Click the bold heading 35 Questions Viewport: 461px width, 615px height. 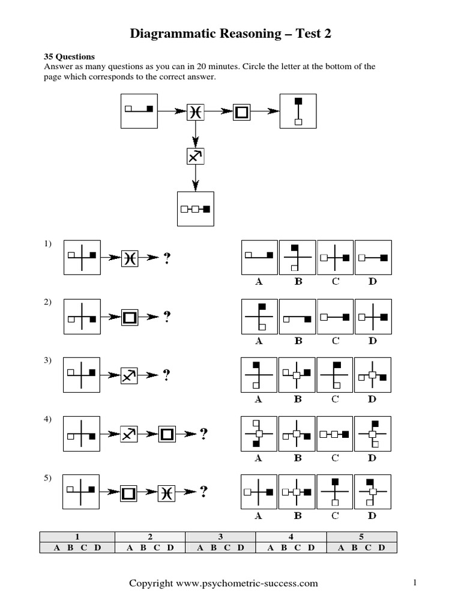click(x=70, y=57)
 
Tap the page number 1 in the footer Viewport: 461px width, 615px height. click(x=415, y=583)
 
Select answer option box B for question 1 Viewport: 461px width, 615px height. click(x=297, y=258)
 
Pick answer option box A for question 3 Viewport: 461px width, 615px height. click(x=259, y=375)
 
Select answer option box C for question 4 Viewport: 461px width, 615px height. click(x=336, y=434)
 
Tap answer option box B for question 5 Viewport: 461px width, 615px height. click(x=297, y=492)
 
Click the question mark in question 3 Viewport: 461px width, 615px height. click(x=166, y=375)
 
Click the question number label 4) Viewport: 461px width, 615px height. click(x=48, y=419)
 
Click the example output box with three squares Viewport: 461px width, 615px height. click(x=196, y=209)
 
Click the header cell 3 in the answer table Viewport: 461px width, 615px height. click(x=220, y=537)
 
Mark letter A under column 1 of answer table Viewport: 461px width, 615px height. click(x=57, y=547)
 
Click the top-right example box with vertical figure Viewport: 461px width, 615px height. click(x=298, y=111)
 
